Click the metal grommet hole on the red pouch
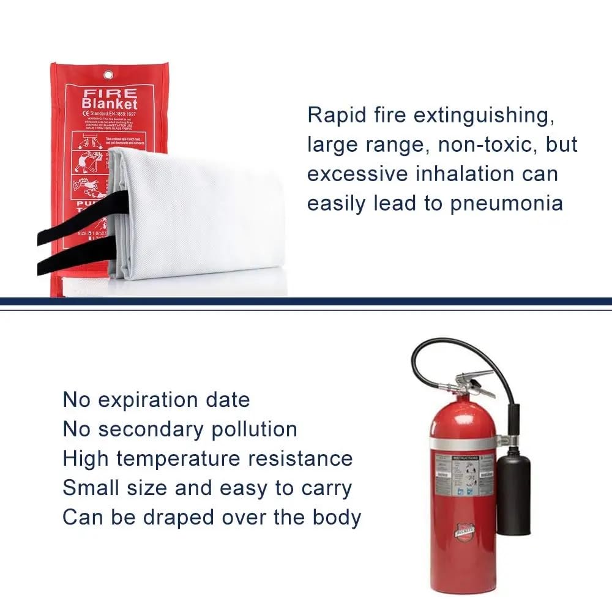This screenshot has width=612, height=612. pos(109,75)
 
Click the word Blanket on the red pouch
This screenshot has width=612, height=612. pos(110,104)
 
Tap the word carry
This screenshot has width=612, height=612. pos(321,488)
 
